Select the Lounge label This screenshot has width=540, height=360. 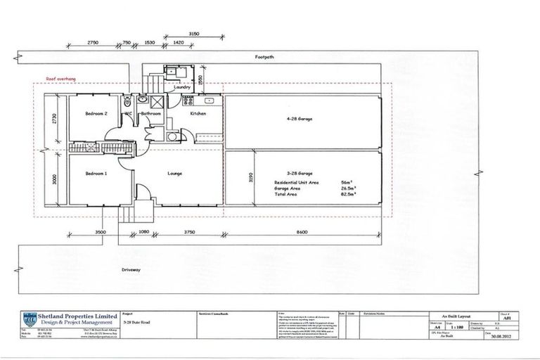pos(176,172)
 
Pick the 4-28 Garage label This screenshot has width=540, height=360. pos(301,120)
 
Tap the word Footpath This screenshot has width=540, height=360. pos(266,56)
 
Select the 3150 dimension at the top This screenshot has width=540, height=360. pos(195,33)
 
